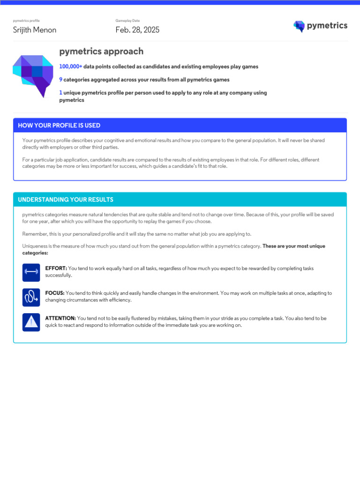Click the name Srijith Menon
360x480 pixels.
[x=34, y=30]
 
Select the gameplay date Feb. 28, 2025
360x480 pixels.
[x=137, y=30]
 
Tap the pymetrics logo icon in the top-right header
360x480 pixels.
[x=299, y=26]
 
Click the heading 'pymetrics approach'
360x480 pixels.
[x=101, y=52]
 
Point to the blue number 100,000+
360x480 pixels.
[x=71, y=67]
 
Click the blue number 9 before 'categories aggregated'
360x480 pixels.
[x=61, y=80]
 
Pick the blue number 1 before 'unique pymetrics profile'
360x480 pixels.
[x=61, y=93]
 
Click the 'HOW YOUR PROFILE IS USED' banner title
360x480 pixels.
[x=59, y=126]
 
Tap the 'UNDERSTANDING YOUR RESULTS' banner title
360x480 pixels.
[x=66, y=200]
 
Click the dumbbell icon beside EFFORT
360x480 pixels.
[x=31, y=272]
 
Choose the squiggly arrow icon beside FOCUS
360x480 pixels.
[x=31, y=297]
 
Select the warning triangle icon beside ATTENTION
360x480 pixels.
[x=31, y=322]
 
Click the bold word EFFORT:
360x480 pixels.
[x=56, y=269]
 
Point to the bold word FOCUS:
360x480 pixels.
[x=55, y=293]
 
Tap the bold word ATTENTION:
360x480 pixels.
[x=60, y=318]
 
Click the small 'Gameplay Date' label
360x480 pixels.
[x=127, y=21]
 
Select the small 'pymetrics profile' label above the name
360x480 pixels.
[x=26, y=21]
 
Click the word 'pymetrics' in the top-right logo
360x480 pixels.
[x=327, y=26]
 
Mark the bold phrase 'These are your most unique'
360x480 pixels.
[x=294, y=246]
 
